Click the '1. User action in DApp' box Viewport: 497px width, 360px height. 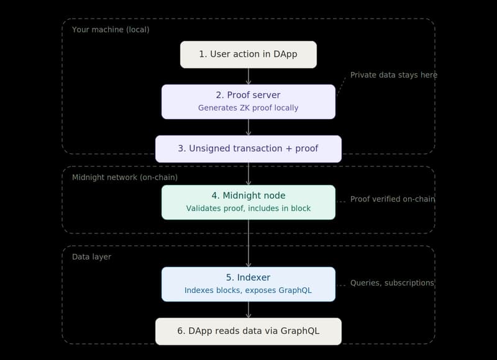pyautogui.click(x=248, y=55)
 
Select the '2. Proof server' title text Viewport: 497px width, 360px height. pyautogui.click(x=248, y=95)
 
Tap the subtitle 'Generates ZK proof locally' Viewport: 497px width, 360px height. pyautogui.click(x=248, y=108)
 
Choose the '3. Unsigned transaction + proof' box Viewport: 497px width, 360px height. pyautogui.click(x=248, y=149)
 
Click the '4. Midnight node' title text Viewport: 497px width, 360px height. pyautogui.click(x=248, y=196)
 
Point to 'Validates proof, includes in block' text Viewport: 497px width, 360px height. pyautogui.click(x=248, y=209)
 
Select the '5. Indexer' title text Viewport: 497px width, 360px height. pyautogui.click(x=248, y=277)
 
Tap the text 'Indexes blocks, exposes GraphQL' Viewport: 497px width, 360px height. pyautogui.click(x=248, y=290)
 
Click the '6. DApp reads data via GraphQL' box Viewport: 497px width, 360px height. pyautogui.click(x=248, y=331)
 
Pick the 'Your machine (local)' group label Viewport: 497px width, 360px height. pyautogui.click(x=111, y=30)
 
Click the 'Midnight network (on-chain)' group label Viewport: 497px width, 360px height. pyautogui.click(x=125, y=178)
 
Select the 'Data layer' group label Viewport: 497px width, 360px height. pyautogui.click(x=91, y=256)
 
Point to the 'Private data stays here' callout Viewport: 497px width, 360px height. pyautogui.click(x=393, y=75)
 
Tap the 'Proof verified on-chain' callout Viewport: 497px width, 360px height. pyautogui.click(x=392, y=199)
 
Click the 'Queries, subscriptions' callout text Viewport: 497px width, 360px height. pyautogui.click(x=392, y=283)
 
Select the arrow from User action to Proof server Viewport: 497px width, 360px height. pyautogui.click(x=248, y=76)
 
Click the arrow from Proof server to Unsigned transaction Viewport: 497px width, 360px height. pyautogui.click(x=248, y=127)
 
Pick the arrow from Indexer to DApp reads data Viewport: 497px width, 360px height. pyautogui.click(x=248, y=310)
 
